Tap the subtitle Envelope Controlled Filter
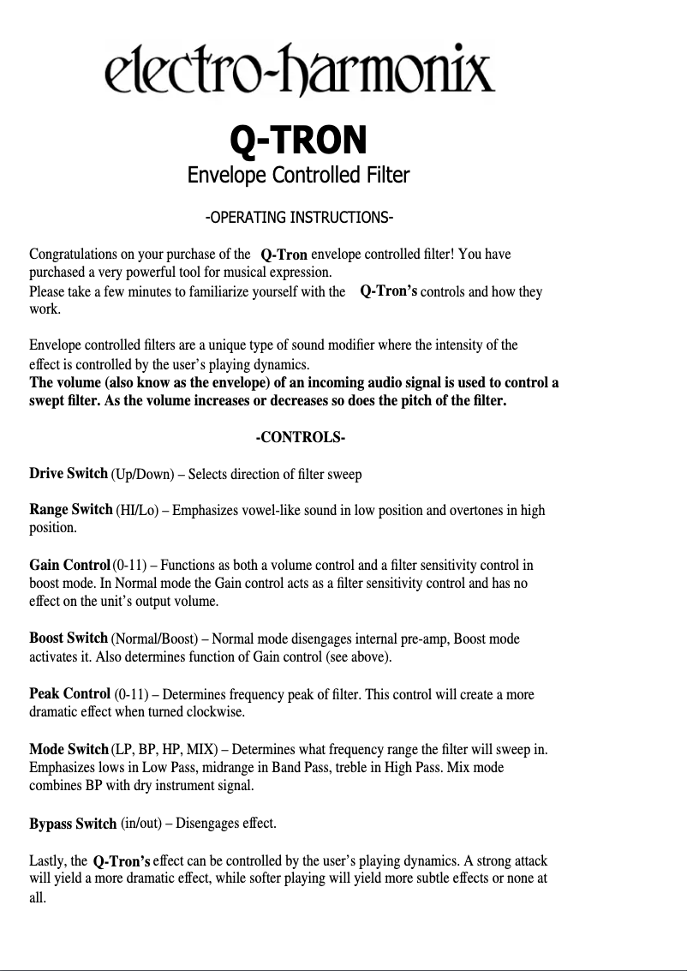tap(298, 176)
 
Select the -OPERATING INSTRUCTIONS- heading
tap(298, 216)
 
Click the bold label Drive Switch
tap(69, 473)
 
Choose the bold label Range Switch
tap(71, 510)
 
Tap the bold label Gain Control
tap(69, 565)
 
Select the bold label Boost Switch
tap(69, 638)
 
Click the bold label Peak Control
tap(70, 693)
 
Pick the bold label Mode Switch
tap(69, 749)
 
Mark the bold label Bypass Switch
tap(73, 824)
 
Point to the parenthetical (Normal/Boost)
tap(158, 639)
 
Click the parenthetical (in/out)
tap(140, 824)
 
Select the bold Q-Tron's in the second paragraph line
tap(389, 291)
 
